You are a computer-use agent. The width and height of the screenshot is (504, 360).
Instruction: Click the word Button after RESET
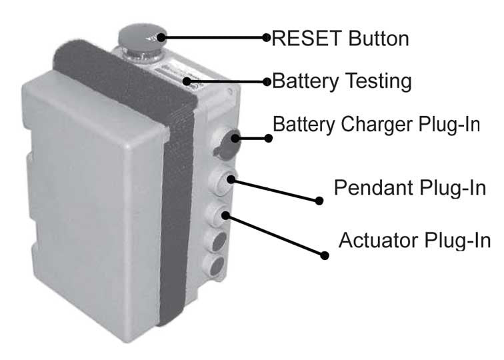click(375, 38)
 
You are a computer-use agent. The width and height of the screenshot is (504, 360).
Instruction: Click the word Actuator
click(379, 239)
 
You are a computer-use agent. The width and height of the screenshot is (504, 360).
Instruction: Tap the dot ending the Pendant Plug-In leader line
click(319, 200)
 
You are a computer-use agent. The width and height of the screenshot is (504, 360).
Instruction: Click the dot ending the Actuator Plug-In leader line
click(325, 255)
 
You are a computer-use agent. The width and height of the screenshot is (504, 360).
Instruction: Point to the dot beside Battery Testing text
click(267, 83)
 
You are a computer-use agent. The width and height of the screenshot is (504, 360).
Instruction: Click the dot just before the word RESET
click(267, 37)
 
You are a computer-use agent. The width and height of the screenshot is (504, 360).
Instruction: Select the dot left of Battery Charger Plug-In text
click(269, 139)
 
